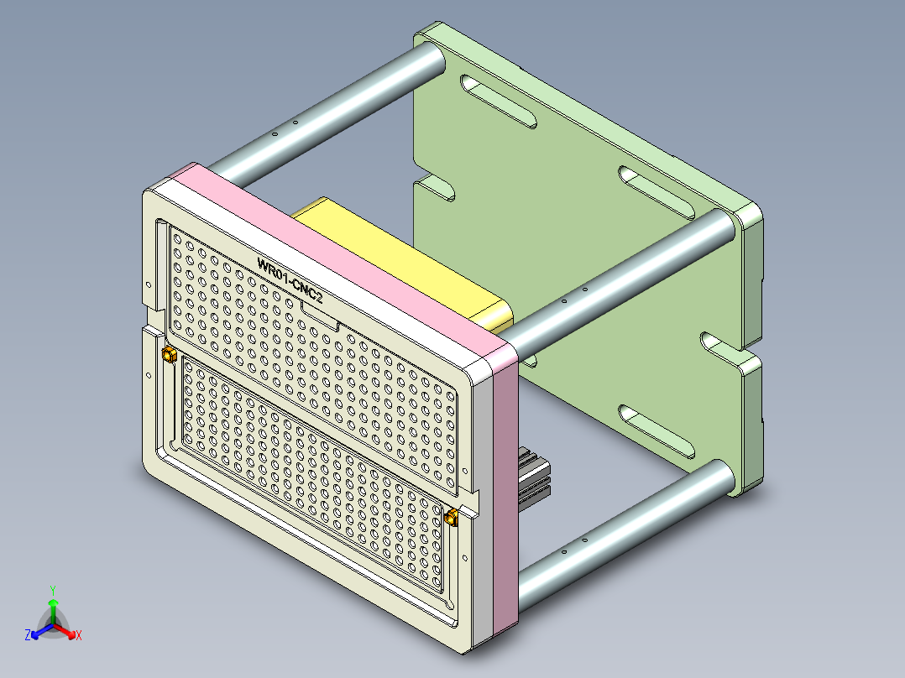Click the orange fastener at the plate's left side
pyautogui.click(x=168, y=356)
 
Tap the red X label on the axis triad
pyautogui.click(x=79, y=636)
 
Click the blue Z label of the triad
pyautogui.click(x=28, y=636)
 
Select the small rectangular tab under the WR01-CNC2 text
pyautogui.click(x=319, y=316)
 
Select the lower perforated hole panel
pyautogui.click(x=311, y=470)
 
